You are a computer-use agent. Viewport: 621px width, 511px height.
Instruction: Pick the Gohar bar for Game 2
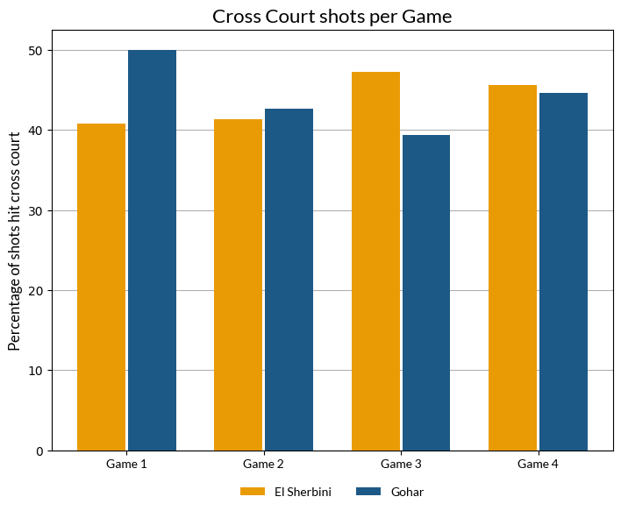pyautogui.click(x=289, y=280)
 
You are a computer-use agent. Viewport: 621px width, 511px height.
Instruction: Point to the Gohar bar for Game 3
pyautogui.click(x=426, y=293)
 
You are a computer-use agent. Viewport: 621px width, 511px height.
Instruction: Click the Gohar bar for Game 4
pyautogui.click(x=563, y=272)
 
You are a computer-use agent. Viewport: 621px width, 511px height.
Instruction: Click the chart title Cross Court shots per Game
pyautogui.click(x=332, y=17)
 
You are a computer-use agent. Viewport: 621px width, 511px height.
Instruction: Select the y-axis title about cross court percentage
pyautogui.click(x=15, y=241)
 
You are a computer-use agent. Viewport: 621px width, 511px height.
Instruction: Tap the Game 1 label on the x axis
pyautogui.click(x=126, y=463)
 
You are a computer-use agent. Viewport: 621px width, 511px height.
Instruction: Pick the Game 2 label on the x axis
pyautogui.click(x=263, y=463)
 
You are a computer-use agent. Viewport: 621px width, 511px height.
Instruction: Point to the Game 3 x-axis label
pyautogui.click(x=401, y=463)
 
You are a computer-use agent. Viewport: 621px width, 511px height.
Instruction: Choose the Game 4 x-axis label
pyautogui.click(x=538, y=463)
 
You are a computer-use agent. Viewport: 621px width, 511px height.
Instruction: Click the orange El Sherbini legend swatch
pyautogui.click(x=253, y=492)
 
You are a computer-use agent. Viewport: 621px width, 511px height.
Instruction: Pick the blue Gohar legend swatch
pyautogui.click(x=368, y=492)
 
